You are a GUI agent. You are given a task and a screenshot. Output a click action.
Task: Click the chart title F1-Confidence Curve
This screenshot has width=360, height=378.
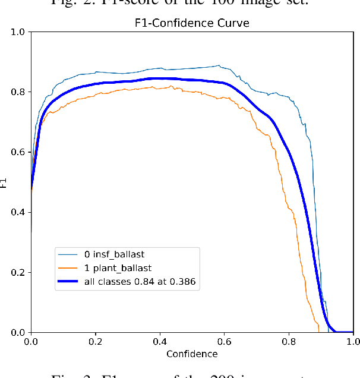click(192, 24)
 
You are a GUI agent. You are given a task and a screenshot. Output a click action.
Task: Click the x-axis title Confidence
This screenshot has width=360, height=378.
click(192, 354)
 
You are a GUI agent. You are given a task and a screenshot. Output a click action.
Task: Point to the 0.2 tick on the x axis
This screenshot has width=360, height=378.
click(96, 342)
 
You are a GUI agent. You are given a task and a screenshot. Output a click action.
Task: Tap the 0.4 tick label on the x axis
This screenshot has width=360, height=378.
click(160, 342)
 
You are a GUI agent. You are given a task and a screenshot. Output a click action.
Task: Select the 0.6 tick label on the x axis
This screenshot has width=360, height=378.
click(225, 342)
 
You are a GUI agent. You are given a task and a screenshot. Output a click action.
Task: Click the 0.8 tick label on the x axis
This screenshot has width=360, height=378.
click(289, 342)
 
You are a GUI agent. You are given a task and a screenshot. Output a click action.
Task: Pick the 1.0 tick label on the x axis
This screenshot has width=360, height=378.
click(353, 342)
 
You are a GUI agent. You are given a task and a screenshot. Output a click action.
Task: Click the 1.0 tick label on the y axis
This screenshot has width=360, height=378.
click(18, 32)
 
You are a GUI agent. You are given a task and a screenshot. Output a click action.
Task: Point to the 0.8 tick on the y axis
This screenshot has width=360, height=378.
click(18, 92)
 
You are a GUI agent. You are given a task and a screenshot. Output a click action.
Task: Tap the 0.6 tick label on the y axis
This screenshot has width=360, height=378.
click(18, 152)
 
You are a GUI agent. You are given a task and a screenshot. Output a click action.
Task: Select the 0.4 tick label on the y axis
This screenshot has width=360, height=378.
click(18, 212)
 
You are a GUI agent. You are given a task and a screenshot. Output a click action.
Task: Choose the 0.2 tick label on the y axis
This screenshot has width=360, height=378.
click(18, 272)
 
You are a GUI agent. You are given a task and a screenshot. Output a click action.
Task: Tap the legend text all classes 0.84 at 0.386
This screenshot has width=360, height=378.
click(146, 282)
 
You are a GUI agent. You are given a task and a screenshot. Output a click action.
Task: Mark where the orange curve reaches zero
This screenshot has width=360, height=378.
click(318, 331)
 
